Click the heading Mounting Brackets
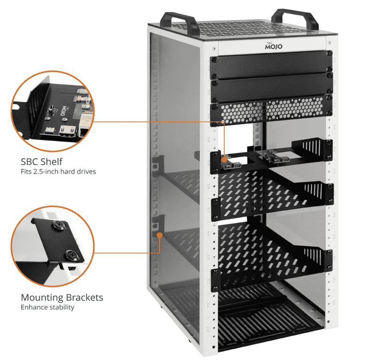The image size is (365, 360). coord(62,297)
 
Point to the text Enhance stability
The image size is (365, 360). coord(47,307)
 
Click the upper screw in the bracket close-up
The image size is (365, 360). coord(61,227)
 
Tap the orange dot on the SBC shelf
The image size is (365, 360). coord(225,159)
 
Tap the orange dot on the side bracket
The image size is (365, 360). coord(160,234)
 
